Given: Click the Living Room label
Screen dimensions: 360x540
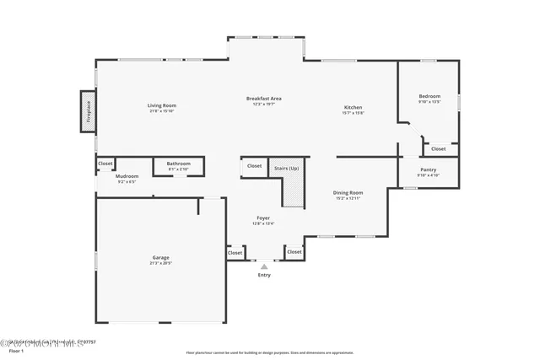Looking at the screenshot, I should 162,105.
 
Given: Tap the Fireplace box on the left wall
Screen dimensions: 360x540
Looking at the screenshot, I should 87,112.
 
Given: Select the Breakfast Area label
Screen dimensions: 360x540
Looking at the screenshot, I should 263,99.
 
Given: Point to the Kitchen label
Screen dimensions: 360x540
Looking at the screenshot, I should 353,108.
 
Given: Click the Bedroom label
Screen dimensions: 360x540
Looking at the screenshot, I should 429,97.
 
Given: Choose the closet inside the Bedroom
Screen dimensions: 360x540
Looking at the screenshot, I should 439,148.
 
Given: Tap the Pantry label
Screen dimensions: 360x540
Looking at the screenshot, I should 429,170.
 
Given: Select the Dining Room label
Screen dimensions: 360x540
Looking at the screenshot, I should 348,193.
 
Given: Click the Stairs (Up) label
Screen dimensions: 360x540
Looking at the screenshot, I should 287,168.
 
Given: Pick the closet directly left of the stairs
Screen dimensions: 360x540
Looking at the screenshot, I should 254,166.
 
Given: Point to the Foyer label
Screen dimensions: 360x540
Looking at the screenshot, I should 263,218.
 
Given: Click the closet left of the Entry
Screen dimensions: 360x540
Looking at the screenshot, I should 235,252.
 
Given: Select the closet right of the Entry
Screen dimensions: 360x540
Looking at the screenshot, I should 294,251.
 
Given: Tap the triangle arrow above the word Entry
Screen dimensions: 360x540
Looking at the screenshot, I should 264,266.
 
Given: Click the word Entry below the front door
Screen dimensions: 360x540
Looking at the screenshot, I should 264,275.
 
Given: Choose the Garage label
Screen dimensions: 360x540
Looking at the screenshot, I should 160,258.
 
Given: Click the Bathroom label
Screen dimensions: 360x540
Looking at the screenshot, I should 178,164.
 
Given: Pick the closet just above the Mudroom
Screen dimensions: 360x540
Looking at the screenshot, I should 105,164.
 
